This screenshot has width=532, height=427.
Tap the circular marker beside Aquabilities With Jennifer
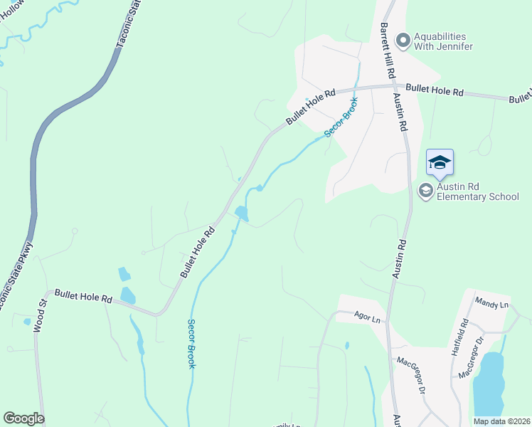[x=403, y=40]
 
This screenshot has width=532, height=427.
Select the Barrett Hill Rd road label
[x=386, y=50]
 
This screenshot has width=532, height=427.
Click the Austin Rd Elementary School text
[x=478, y=191]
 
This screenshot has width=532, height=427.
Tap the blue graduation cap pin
[x=440, y=163]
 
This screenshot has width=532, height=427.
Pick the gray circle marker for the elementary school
[x=425, y=190]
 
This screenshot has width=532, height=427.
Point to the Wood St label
[x=42, y=312]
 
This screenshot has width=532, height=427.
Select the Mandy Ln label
[x=492, y=305]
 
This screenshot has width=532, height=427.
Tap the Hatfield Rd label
[x=464, y=332]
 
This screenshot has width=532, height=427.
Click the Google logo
[x=23, y=418]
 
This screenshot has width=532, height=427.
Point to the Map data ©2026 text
[x=502, y=421]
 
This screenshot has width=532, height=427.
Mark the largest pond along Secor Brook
[x=241, y=213]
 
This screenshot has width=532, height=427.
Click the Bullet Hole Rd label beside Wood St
[x=84, y=297]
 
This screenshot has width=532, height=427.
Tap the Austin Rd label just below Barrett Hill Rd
[x=402, y=114]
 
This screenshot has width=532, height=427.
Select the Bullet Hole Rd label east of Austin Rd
[x=435, y=90]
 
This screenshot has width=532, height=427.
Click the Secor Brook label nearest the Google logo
[x=191, y=343]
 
